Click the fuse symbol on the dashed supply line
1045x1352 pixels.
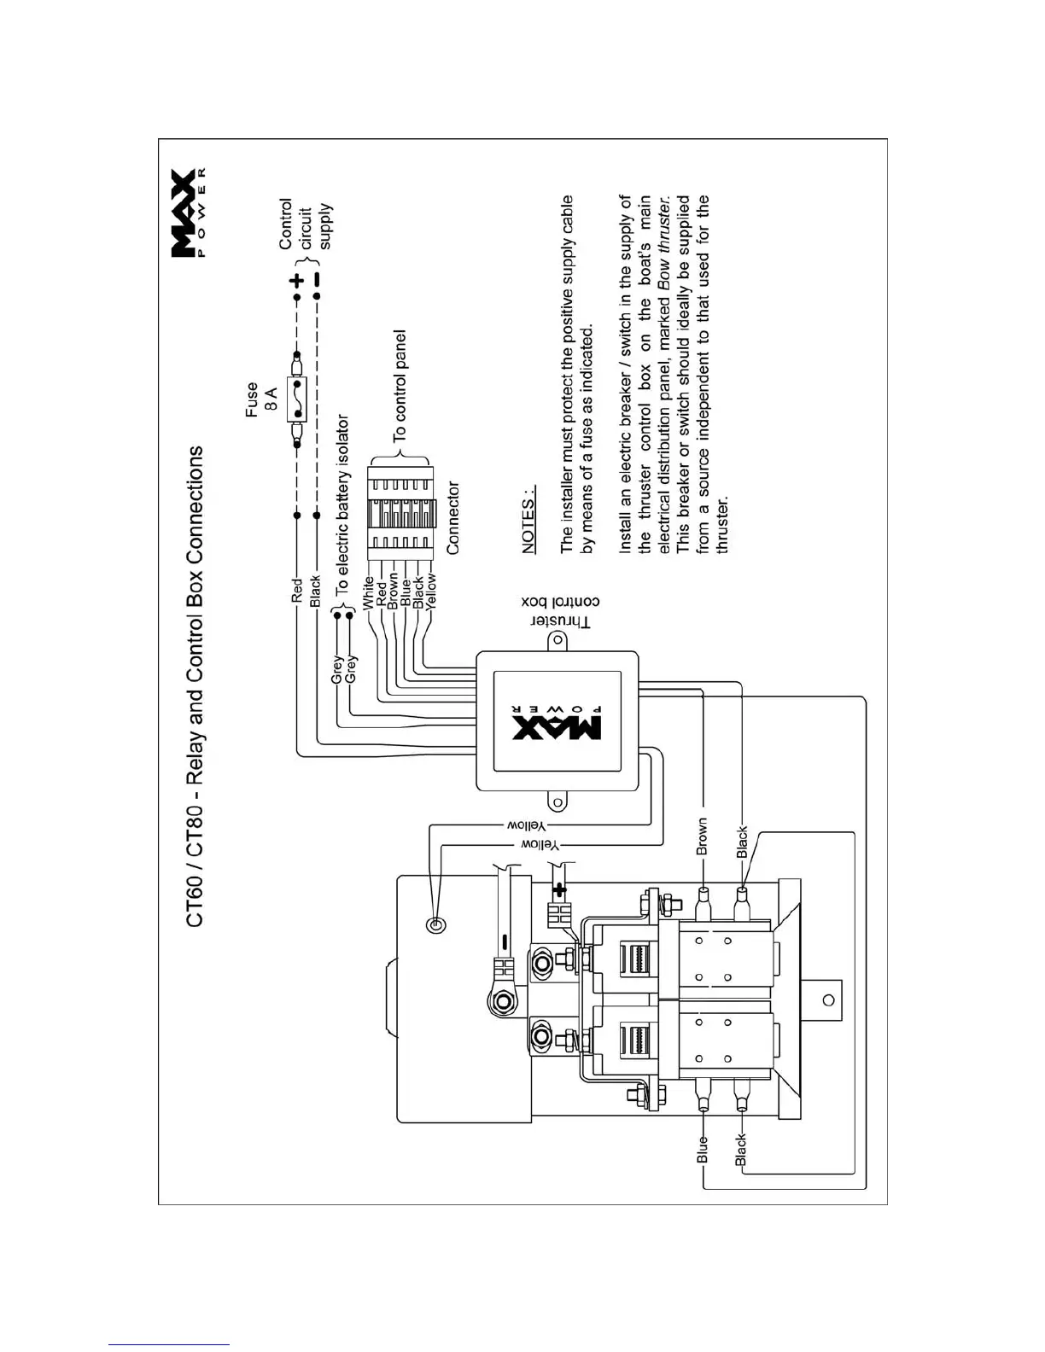click(x=296, y=399)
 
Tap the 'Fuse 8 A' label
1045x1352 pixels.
click(x=260, y=399)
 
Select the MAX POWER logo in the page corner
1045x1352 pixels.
click(x=188, y=210)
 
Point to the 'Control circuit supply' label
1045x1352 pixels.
click(x=305, y=224)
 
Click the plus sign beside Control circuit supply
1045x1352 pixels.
click(x=296, y=281)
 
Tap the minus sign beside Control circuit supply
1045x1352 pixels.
click(x=317, y=280)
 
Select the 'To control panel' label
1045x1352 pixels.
click(x=400, y=386)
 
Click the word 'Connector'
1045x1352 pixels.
click(x=452, y=518)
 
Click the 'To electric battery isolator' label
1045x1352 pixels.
click(x=342, y=505)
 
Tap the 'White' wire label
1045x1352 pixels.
click(x=368, y=592)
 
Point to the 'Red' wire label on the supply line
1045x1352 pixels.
click(x=296, y=591)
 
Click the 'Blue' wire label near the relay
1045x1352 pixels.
click(x=703, y=1149)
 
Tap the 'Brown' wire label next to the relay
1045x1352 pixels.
click(x=702, y=837)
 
